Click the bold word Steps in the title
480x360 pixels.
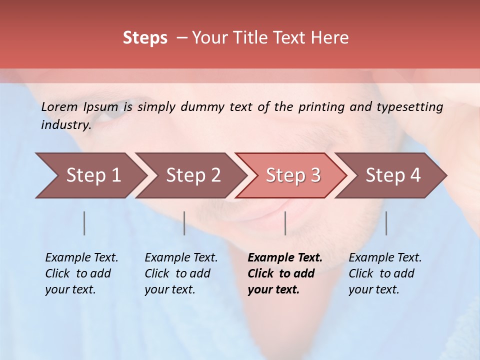point(145,38)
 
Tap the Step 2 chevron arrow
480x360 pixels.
point(190,175)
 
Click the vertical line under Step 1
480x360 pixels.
point(84,223)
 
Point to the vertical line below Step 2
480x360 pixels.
point(184,223)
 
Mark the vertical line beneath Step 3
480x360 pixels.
point(285,223)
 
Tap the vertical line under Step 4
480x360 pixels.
point(386,223)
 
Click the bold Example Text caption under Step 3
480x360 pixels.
point(285,273)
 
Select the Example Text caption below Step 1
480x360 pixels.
point(81,273)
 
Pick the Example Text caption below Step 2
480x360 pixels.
point(181,273)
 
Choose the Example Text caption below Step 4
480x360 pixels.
point(385,273)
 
